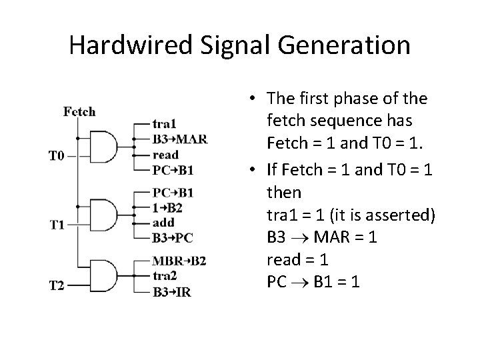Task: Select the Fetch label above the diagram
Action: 79,111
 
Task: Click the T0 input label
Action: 57,156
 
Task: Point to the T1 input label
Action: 57,224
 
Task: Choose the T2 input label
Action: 57,286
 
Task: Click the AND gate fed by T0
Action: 103,147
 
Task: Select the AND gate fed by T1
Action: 103,215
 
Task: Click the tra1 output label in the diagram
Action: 164,123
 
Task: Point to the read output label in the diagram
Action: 165,155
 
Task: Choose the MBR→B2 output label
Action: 179,260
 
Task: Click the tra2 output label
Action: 164,275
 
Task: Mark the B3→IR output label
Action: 173,291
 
